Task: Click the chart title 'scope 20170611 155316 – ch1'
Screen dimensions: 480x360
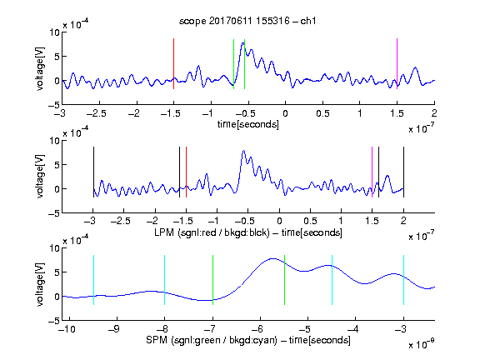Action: click(247, 21)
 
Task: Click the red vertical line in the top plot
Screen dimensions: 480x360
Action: click(174, 63)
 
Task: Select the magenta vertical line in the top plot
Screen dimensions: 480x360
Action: click(397, 63)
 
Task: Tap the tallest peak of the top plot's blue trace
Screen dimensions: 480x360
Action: click(243, 43)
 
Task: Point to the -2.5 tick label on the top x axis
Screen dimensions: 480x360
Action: click(97, 113)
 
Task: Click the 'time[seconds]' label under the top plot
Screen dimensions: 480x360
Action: click(248, 124)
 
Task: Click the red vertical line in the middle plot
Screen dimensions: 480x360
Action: click(186, 172)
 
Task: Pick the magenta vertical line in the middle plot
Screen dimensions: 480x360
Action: click(372, 172)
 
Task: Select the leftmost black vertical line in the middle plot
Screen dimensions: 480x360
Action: click(93, 172)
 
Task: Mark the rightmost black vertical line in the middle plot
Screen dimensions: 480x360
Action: click(403, 172)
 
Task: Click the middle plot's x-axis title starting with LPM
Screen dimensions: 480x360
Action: click(248, 232)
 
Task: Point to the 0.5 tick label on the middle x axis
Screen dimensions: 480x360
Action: click(310, 221)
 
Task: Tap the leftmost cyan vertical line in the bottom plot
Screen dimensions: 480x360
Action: click(93, 280)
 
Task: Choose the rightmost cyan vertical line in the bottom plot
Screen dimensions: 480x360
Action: click(403, 280)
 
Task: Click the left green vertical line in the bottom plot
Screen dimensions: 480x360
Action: click(212, 280)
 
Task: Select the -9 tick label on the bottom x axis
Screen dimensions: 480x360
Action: click(114, 329)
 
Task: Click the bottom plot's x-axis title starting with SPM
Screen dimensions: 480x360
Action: click(248, 340)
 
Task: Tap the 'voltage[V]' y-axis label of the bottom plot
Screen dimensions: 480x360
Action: click(40, 284)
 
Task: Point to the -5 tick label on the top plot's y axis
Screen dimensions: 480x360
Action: click(54, 105)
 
